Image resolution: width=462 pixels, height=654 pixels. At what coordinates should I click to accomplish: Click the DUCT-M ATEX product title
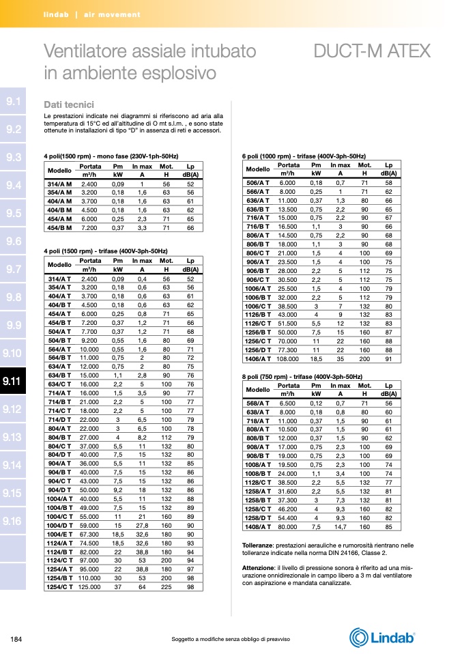tap(372, 52)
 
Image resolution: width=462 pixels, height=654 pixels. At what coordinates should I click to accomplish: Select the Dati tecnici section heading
tap(68, 104)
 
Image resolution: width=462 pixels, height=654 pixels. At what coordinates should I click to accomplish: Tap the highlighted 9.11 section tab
tap(13, 382)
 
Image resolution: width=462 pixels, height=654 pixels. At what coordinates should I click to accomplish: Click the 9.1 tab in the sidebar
tap(13, 101)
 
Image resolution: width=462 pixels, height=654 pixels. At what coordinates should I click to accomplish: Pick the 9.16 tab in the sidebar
tap(13, 522)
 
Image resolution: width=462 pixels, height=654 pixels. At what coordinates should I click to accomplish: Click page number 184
tap(17, 639)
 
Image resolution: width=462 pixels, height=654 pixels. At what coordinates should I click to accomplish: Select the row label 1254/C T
tap(60, 586)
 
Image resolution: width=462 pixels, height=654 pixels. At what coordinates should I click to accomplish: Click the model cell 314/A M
tap(60, 184)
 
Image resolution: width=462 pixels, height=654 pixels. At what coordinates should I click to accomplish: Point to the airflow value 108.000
tap(287, 358)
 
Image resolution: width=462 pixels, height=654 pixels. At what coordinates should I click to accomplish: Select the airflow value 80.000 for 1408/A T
tap(287, 526)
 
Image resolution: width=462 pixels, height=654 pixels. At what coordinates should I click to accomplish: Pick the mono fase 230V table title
tap(111, 156)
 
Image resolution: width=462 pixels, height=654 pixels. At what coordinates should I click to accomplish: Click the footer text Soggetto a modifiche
tap(231, 639)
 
